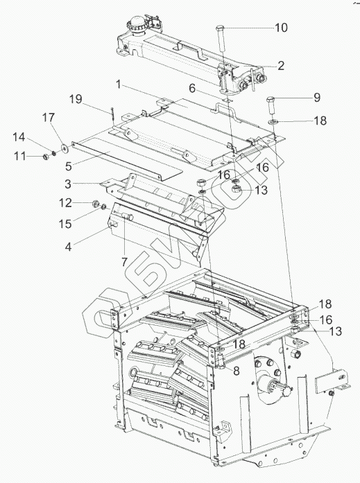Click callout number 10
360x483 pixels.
(x=281, y=28)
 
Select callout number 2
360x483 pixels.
(x=280, y=66)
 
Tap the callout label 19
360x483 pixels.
(x=76, y=99)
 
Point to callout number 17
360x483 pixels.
(x=49, y=117)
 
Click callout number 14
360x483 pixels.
(x=19, y=137)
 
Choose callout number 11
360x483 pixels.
(x=20, y=156)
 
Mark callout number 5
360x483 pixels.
(x=69, y=166)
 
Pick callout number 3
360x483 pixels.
(x=68, y=184)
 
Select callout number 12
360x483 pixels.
(x=65, y=202)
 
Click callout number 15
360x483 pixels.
(x=65, y=224)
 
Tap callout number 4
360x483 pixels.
(x=68, y=247)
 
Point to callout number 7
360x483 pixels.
(x=124, y=262)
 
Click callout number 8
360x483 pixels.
(x=237, y=371)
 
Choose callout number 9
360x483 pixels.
(x=317, y=98)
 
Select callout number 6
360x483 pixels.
(x=192, y=89)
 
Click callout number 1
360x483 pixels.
(x=119, y=84)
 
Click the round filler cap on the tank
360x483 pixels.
(x=137, y=22)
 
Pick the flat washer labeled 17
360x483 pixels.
(x=65, y=149)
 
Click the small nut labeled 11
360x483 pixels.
(x=46, y=157)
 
